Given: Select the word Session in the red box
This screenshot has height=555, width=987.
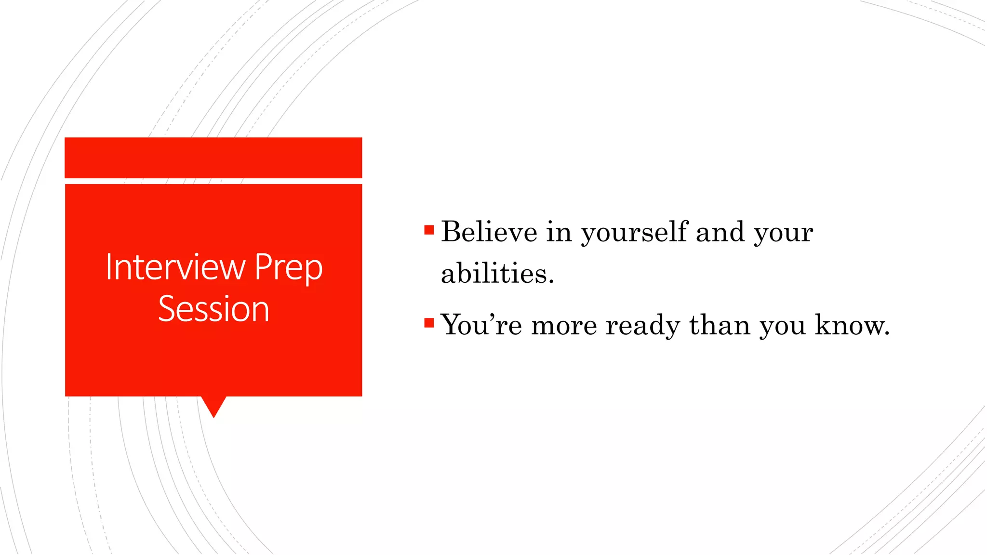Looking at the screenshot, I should [x=213, y=309].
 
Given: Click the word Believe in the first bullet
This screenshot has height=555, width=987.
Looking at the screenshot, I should [x=489, y=232].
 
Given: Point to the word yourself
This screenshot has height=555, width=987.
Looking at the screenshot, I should [x=634, y=233].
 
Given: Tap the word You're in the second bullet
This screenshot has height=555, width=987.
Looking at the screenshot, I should [x=481, y=325].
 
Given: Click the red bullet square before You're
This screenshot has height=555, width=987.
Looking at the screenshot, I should [x=429, y=322].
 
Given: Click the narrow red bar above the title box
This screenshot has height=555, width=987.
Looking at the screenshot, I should [x=213, y=158].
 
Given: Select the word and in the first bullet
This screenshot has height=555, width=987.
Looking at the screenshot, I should [x=720, y=232].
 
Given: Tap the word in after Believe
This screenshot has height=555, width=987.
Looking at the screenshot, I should [x=559, y=232].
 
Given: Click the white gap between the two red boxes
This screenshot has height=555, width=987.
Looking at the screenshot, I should [x=213, y=181].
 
